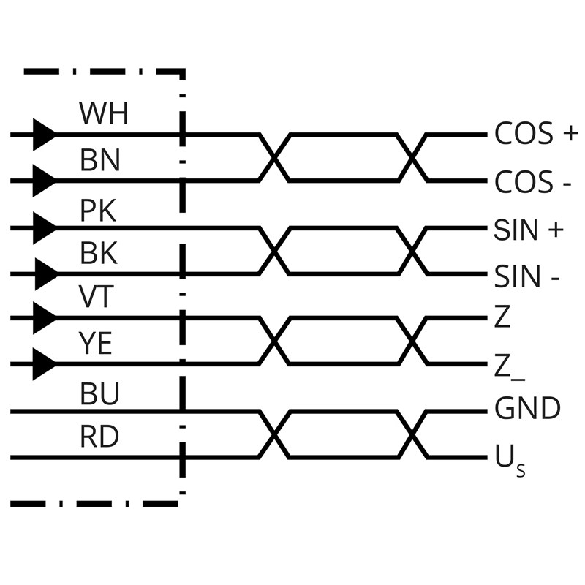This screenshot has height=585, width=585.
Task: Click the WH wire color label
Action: (103, 113)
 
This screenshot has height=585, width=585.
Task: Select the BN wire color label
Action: (100, 159)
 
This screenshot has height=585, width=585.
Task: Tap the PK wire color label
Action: (98, 211)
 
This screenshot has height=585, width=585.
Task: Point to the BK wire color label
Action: (99, 254)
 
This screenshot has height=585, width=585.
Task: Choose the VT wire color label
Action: (96, 297)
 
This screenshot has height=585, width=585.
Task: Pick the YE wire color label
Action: (96, 343)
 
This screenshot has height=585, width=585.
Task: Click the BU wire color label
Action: (99, 393)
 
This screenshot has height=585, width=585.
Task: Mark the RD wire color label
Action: (99, 437)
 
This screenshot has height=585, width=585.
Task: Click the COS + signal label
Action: (536, 134)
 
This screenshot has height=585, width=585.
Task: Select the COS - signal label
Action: (533, 181)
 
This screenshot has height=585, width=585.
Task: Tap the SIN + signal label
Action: (529, 230)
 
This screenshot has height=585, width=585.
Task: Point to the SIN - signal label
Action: (527, 277)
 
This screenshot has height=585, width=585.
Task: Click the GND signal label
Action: (528, 409)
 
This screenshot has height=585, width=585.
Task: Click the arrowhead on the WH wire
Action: (45, 135)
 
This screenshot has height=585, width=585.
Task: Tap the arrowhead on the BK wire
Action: (45, 275)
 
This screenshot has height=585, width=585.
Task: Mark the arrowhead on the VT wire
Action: (45, 318)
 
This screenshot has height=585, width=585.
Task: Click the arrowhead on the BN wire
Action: (45, 179)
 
